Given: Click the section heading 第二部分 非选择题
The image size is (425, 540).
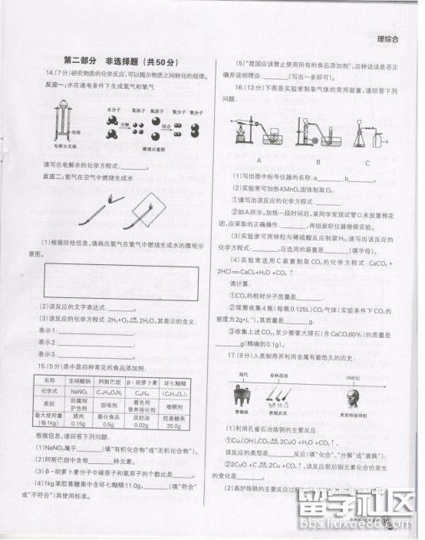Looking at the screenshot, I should tap(120, 61).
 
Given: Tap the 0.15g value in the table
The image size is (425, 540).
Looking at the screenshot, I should tap(77, 423).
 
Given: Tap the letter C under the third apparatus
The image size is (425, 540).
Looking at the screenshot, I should tap(367, 162).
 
